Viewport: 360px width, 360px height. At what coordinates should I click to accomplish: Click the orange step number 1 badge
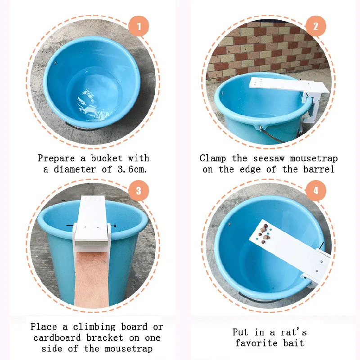tap(139, 26)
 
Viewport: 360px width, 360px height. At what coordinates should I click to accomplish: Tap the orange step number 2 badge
tap(316, 26)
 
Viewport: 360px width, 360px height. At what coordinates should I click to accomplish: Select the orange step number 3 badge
tap(139, 190)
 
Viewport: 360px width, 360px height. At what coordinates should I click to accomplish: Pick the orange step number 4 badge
tap(316, 190)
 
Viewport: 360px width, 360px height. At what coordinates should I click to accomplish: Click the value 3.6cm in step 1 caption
tap(132, 170)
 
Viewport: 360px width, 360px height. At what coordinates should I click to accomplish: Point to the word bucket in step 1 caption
tap(107, 158)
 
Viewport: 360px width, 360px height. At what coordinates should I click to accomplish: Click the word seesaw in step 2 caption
tap(269, 158)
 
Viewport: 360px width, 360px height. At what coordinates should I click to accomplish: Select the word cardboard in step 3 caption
tap(57, 338)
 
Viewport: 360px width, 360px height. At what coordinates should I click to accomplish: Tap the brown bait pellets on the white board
tap(264, 234)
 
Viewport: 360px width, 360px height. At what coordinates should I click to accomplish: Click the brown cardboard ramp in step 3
tap(92, 279)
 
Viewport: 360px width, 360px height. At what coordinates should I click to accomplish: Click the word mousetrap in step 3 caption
tap(129, 349)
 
